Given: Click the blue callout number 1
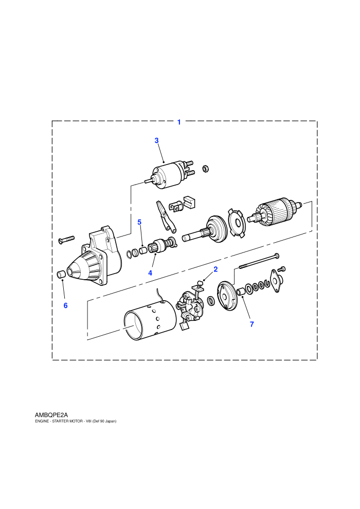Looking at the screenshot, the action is point(179,122).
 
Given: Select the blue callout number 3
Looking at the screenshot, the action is point(156,140).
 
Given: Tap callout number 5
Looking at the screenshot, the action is point(139,222).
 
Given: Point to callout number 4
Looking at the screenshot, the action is point(150,273).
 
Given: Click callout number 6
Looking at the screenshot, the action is point(66,305).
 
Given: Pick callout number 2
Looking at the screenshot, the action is point(215,269).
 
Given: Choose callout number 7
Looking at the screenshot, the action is point(252,324).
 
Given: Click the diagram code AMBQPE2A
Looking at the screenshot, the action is point(51,415).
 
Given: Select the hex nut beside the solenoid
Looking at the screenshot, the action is point(205,169).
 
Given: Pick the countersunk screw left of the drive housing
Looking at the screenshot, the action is point(66,240).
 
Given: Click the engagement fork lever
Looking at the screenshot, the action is point(165,216).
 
